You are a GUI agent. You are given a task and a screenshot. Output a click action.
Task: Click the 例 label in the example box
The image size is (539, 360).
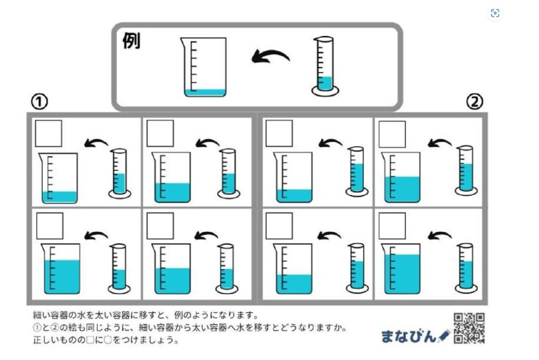click(x=132, y=42)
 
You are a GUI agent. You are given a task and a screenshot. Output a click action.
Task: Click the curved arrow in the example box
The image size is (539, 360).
click(x=270, y=56)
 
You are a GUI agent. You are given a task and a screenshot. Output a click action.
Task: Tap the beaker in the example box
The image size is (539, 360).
click(x=205, y=67)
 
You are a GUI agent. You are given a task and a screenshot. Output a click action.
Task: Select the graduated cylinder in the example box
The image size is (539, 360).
click(x=325, y=66)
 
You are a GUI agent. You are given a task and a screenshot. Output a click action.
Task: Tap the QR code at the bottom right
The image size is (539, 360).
click(x=468, y=328)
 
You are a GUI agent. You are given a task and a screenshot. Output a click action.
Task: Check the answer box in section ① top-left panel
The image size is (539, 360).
click(x=48, y=133)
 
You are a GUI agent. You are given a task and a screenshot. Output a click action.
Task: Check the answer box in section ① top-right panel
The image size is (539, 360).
click(x=160, y=133)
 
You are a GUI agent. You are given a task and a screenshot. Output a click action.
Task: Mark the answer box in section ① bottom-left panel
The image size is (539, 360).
click(x=49, y=226)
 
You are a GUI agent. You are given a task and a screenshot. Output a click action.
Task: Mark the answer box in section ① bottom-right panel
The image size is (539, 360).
click(x=160, y=226)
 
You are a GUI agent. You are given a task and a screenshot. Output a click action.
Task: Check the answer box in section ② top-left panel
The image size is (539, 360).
click(x=279, y=133)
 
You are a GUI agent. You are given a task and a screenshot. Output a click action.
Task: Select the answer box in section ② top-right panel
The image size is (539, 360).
click(x=392, y=134)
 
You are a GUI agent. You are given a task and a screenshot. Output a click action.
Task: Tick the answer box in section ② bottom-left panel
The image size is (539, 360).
click(x=279, y=226)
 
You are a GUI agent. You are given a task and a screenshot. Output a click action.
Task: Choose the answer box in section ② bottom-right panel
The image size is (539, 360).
click(x=392, y=226)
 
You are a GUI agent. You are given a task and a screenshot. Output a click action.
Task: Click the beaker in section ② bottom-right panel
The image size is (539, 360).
click(x=402, y=268)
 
